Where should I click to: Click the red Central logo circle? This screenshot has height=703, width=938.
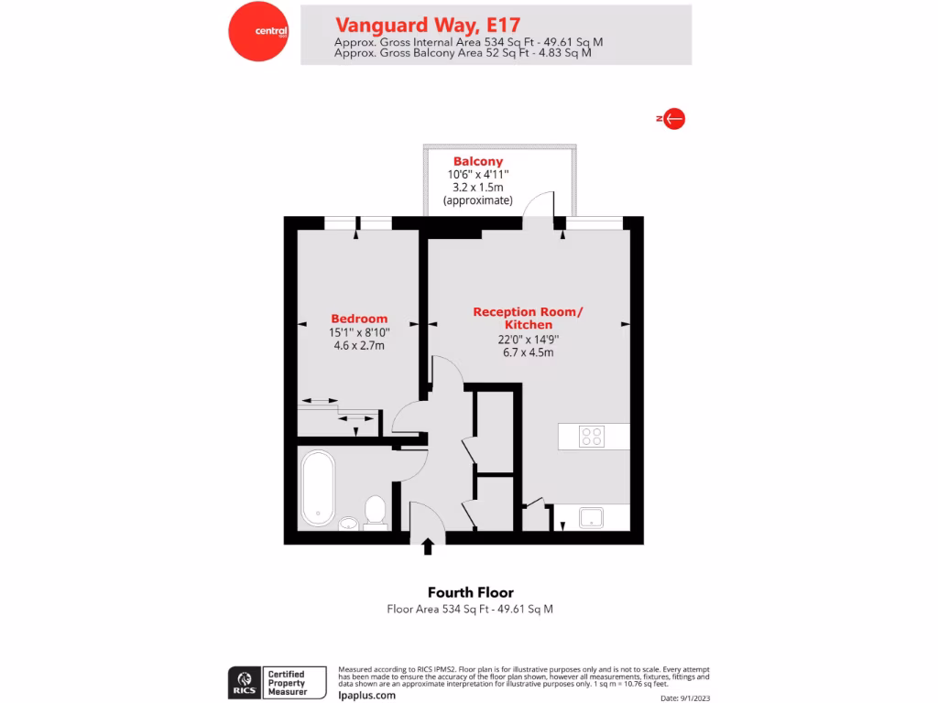click(258, 31)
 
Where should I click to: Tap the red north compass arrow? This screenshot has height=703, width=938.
click(673, 118)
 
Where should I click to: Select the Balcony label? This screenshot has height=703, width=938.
click(478, 161)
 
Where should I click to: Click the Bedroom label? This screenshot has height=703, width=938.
click(359, 319)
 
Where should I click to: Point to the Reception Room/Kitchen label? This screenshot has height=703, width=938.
click(528, 319)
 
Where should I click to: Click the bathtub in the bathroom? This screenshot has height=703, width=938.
click(318, 488)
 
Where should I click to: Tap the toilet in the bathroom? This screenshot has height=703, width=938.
click(375, 512)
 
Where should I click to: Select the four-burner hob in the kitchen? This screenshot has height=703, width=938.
click(592, 437)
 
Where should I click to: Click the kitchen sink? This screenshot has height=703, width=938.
click(592, 518)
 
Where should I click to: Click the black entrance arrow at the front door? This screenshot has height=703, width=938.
click(428, 546)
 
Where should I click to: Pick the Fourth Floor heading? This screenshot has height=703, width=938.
click(471, 592)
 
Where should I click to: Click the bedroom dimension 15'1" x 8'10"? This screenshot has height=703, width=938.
click(359, 333)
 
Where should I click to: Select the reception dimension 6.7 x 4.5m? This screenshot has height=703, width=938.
click(528, 351)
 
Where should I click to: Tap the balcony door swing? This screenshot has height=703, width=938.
click(540, 205)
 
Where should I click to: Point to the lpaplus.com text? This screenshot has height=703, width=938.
click(366, 695)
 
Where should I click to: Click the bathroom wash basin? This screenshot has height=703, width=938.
click(348, 524)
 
